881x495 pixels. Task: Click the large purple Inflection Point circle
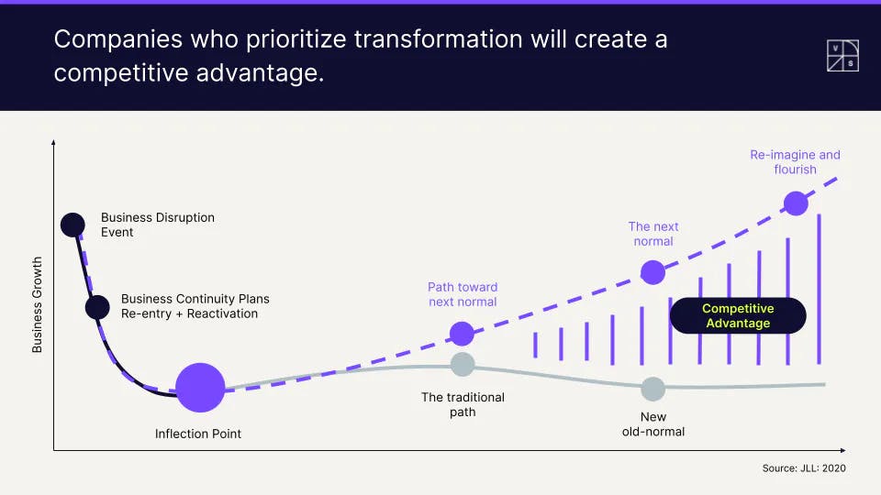(200, 388)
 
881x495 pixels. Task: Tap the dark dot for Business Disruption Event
(72, 225)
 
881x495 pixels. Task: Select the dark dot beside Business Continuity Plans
(97, 308)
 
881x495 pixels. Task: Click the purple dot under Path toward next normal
(462, 334)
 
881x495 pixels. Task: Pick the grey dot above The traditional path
(463, 364)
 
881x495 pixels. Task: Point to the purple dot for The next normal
(652, 273)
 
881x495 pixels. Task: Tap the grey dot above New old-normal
(652, 389)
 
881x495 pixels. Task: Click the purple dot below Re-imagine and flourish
(796, 203)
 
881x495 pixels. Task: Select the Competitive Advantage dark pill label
(738, 315)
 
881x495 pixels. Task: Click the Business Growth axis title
(37, 304)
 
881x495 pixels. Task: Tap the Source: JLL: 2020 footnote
(804, 468)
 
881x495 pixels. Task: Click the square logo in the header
(842, 56)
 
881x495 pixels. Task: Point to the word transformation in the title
(439, 39)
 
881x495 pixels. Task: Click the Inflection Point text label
(198, 434)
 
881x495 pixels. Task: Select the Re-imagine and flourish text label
(795, 162)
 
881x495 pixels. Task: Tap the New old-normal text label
(652, 424)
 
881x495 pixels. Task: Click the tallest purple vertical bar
(820, 289)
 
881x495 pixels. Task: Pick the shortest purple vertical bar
(535, 346)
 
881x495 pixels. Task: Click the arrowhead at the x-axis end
(842, 450)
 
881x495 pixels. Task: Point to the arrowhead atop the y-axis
(53, 143)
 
